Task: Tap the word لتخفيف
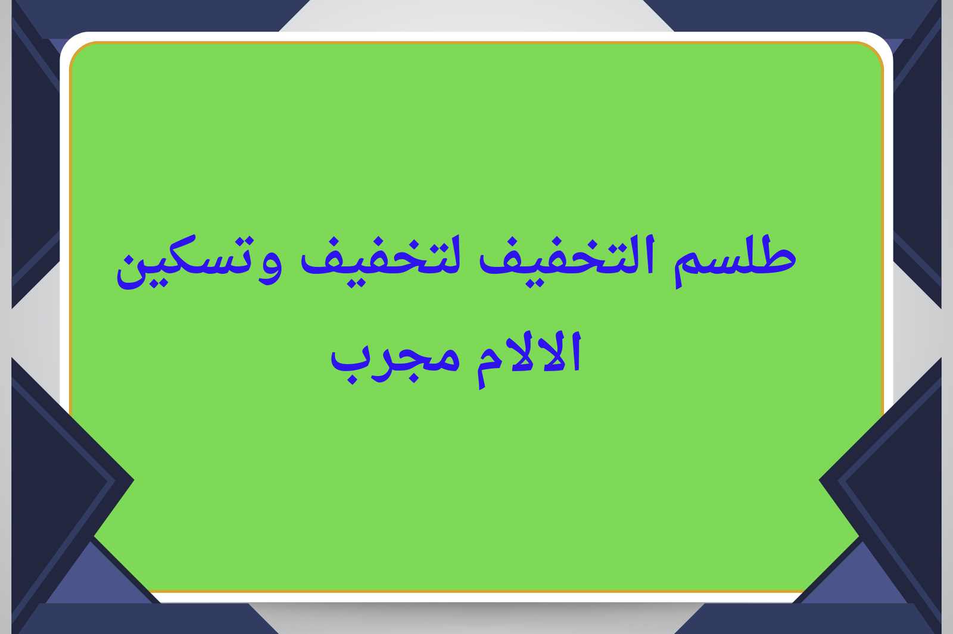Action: [381, 260]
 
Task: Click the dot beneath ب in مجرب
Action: [352, 380]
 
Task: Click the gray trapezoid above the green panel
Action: [476, 15]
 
